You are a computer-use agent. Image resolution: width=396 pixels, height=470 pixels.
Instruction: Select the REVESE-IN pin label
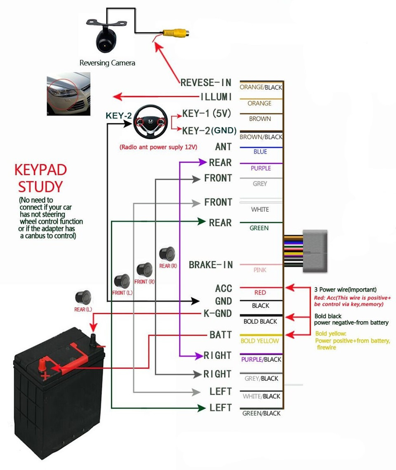[206, 82]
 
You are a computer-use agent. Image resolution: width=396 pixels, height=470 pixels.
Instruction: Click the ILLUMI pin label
[216, 97]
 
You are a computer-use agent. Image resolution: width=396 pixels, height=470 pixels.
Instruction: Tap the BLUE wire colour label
[260, 152]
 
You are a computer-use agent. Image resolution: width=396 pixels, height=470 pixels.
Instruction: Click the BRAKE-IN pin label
[211, 265]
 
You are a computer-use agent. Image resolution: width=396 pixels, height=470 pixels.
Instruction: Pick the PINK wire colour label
[260, 270]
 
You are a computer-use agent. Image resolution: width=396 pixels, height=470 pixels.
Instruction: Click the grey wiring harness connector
[316, 251]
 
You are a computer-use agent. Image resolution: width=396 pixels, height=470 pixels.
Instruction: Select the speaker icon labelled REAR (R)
[168, 254]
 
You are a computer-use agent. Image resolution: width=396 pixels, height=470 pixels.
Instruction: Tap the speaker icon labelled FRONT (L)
[122, 281]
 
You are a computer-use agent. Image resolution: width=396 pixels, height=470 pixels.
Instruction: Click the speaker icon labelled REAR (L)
[83, 297]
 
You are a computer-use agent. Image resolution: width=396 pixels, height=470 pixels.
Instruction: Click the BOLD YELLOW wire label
[260, 341]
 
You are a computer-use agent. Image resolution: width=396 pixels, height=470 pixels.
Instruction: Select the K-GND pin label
[217, 313]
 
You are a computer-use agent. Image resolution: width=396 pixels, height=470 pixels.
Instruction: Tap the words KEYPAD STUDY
[40, 178]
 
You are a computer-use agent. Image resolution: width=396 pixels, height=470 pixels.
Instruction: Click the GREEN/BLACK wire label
[261, 414]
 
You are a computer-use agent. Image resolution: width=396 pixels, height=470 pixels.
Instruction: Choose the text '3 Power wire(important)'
[345, 289]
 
